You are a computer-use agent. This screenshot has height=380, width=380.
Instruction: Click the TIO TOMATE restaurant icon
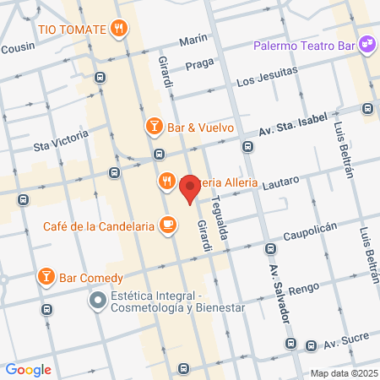[x=120, y=29]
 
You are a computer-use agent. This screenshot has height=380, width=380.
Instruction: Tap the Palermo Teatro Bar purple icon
[x=366, y=44]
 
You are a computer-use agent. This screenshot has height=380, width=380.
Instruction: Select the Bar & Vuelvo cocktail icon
[x=154, y=128]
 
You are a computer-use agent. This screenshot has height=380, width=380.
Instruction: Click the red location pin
[x=190, y=187]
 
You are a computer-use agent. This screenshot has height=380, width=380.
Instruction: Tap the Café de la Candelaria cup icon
[x=169, y=225]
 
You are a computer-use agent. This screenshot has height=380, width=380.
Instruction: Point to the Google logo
[x=28, y=369]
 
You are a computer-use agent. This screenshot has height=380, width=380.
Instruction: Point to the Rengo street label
[x=303, y=288]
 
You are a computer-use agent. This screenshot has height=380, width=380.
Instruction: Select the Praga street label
[x=202, y=64]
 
